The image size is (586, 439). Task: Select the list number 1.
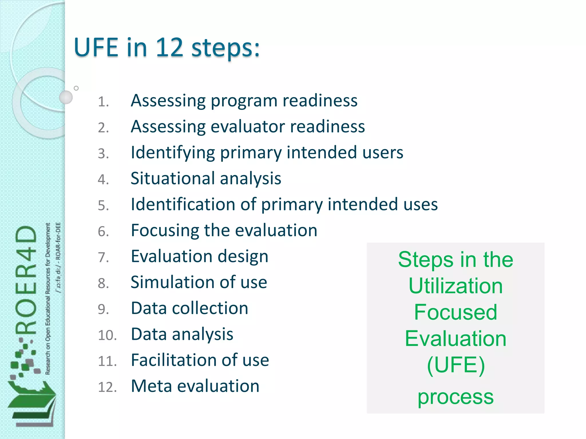[x=103, y=102]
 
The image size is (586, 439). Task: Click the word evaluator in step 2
[x=248, y=127]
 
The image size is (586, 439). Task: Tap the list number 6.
[x=103, y=232]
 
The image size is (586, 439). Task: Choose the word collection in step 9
[x=210, y=308]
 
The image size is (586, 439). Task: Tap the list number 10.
[x=107, y=335]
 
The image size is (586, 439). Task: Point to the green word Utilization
[x=456, y=286]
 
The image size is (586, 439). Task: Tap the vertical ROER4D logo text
[x=26, y=280]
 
